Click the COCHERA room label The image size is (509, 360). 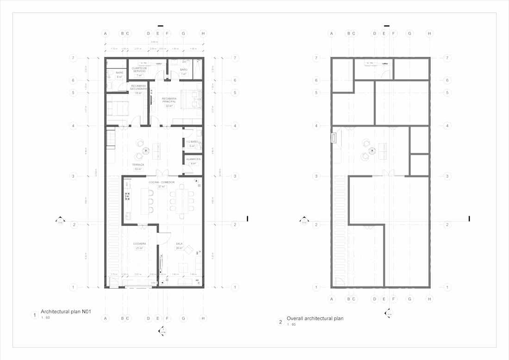pyautogui.click(x=139, y=244)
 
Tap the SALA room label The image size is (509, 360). pyautogui.click(x=179, y=244)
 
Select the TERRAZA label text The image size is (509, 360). pyautogui.click(x=138, y=165)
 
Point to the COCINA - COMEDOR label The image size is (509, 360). pyautogui.click(x=161, y=182)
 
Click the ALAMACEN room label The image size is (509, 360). pyautogui.click(x=193, y=159)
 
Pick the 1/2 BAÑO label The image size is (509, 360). pyautogui.click(x=192, y=142)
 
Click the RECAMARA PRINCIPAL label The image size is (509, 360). pyautogui.click(x=169, y=100)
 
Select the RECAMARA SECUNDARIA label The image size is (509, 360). pyautogui.click(x=138, y=87)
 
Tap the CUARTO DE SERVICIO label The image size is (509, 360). pyautogui.click(x=139, y=69)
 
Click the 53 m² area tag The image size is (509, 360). pyautogui.click(x=138, y=169)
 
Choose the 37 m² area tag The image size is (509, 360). pyautogui.click(x=161, y=186)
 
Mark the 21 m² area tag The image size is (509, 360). pyautogui.click(x=139, y=248)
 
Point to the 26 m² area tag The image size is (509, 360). pyautogui.click(x=179, y=248)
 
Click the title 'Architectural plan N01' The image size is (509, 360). pyautogui.click(x=65, y=312)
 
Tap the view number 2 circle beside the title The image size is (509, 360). pyautogui.click(x=280, y=323)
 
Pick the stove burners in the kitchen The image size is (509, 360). pyautogui.click(x=127, y=196)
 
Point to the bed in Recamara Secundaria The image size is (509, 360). pyautogui.click(x=118, y=108)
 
